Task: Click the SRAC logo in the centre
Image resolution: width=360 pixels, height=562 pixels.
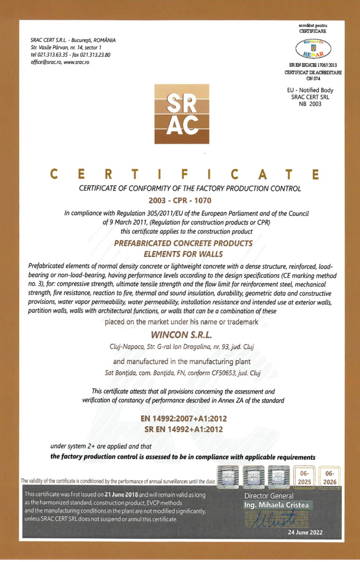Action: pyautogui.click(x=182, y=114)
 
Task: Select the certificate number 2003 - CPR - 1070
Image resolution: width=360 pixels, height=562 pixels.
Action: pyautogui.click(x=180, y=201)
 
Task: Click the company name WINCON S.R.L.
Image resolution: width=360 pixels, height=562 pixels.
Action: pyautogui.click(x=181, y=335)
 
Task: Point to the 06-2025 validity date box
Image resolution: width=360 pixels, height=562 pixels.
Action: pyautogui.click(x=304, y=478)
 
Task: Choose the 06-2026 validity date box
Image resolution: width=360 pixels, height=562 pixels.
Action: pyautogui.click(x=329, y=478)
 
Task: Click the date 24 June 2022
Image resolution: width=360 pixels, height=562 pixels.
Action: pyautogui.click(x=305, y=532)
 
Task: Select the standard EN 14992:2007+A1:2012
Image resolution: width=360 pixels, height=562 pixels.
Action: pyautogui.click(x=184, y=418)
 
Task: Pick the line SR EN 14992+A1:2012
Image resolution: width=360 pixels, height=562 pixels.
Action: pyautogui.click(x=184, y=429)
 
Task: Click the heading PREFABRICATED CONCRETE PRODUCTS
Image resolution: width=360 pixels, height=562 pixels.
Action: pyautogui.click(x=183, y=244)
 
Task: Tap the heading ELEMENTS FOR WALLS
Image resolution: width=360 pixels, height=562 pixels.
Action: pyautogui.click(x=183, y=254)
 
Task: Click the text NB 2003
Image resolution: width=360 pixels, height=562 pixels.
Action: pyautogui.click(x=310, y=104)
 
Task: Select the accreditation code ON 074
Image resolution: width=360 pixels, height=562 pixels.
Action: pyautogui.click(x=313, y=79)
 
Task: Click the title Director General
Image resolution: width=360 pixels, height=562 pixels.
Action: pyautogui.click(x=269, y=496)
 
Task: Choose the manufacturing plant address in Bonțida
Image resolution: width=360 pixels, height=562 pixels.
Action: pyautogui.click(x=182, y=373)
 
